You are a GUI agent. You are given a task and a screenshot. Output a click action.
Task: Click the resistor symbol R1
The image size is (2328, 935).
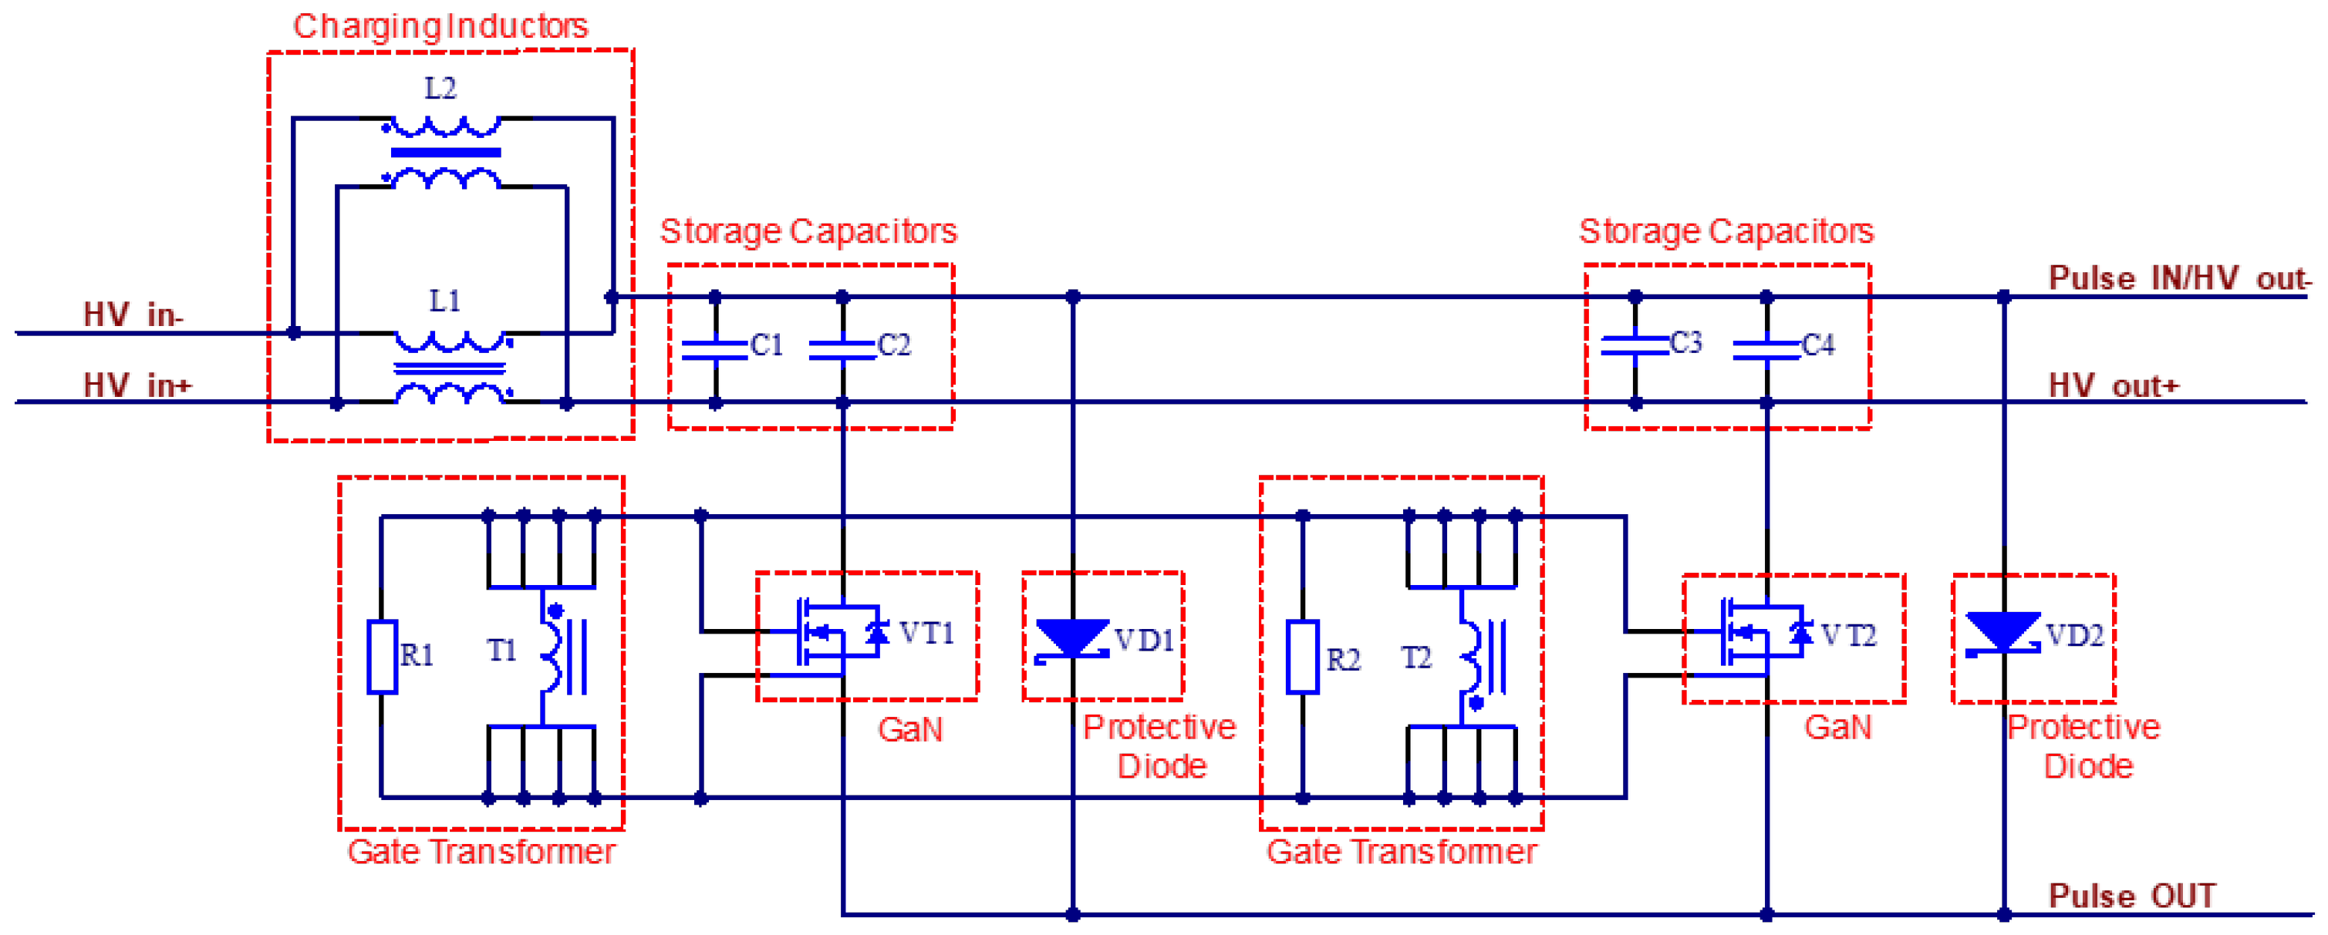383,657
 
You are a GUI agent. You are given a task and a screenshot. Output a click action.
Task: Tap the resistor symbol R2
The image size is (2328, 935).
1302,657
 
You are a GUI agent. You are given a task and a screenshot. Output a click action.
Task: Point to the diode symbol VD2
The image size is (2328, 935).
2002,632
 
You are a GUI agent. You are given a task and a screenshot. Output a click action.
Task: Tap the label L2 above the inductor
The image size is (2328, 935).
440,89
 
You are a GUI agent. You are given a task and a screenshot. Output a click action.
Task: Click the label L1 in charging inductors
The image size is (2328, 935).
444,301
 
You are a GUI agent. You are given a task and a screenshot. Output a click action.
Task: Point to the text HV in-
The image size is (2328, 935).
133,315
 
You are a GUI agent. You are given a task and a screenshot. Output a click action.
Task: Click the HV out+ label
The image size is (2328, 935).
2113,385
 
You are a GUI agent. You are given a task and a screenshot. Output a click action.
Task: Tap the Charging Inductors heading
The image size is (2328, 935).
440,26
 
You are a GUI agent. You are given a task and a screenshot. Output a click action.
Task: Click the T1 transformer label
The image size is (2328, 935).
501,651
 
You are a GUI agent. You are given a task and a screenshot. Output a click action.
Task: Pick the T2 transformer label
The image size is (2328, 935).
1416,658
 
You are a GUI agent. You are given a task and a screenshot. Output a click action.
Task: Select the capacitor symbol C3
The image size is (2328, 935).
1634,346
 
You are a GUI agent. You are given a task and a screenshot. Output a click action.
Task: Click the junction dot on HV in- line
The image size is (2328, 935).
294,332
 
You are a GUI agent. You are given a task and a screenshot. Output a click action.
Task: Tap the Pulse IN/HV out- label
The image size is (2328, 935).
2178,277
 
